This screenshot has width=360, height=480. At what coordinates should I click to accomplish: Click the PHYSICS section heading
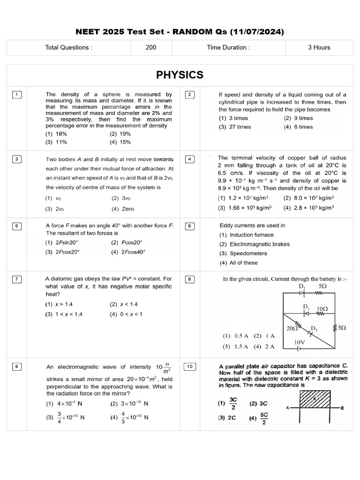pos(180,75)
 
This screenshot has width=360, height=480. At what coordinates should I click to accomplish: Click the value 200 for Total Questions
pos(151,47)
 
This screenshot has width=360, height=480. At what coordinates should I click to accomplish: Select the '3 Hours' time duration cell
pos(319,47)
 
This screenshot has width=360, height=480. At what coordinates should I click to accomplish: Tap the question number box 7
pos(16,279)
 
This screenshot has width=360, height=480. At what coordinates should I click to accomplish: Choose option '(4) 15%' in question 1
pos(120,142)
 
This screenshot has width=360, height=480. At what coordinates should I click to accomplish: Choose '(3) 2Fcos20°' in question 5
pos(62,252)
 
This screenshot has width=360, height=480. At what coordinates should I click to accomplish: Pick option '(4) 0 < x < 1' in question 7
pos(126,314)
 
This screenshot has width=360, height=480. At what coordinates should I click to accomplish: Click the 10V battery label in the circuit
pos(300,343)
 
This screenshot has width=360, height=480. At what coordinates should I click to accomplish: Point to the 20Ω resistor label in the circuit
pos(292,329)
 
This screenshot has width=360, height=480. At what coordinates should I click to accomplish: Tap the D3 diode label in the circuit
pos(302,286)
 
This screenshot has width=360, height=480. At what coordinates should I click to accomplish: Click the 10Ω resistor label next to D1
pos(322,308)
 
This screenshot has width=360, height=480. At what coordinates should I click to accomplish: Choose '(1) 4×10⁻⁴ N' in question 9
pos(64,404)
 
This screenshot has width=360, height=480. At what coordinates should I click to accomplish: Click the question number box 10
pos(190,367)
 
